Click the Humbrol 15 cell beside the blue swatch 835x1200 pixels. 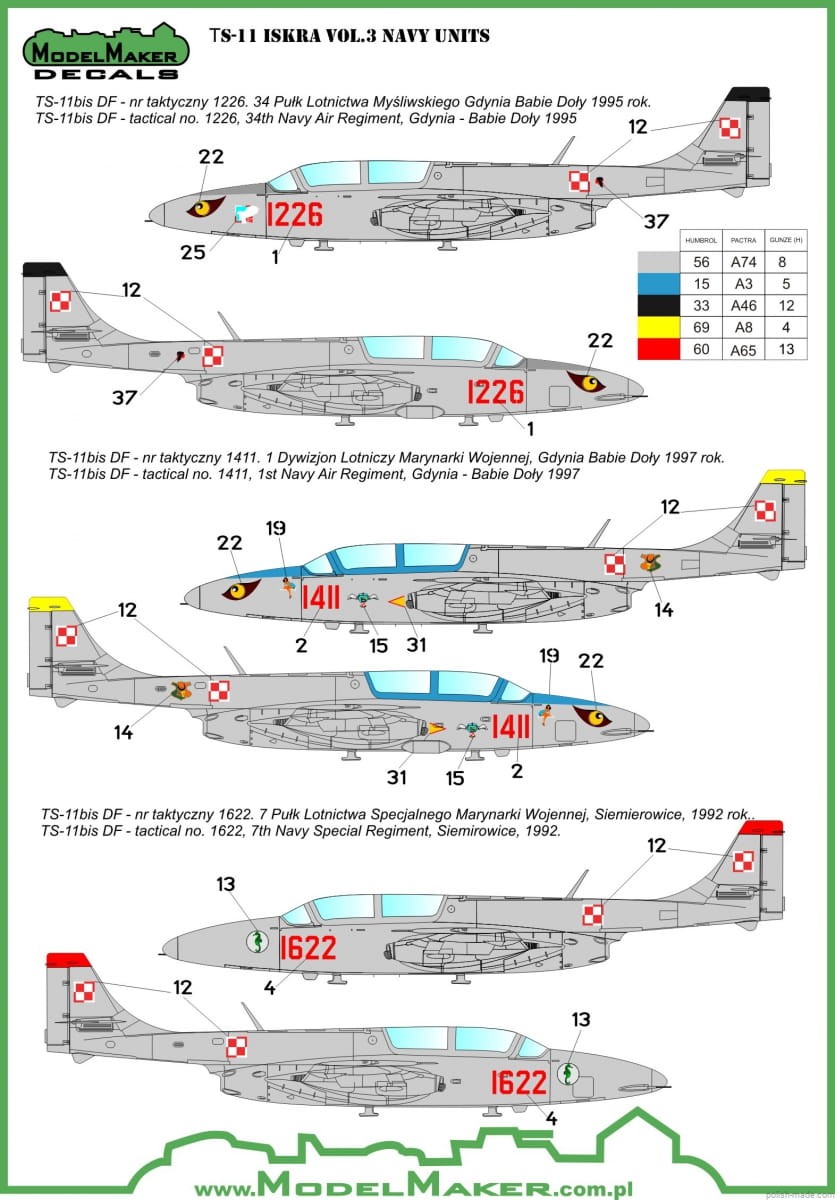702,283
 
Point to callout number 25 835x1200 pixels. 192,252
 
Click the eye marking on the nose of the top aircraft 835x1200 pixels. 205,207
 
